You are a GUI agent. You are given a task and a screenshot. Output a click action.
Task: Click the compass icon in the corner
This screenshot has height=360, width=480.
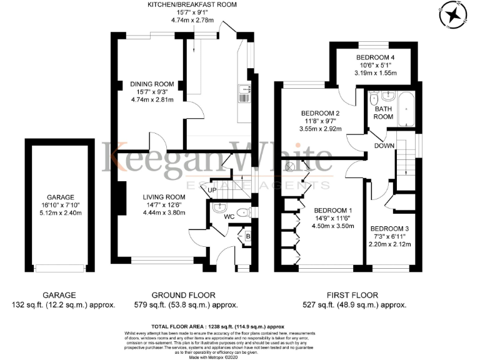pyautogui.click(x=454, y=16)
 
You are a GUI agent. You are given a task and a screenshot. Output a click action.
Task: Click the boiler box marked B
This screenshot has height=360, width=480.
pyautogui.click(x=248, y=237)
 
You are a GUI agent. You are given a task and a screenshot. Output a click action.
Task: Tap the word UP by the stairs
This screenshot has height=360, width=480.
pyautogui.click(x=212, y=190)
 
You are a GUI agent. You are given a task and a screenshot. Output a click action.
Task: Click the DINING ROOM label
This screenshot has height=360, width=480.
pyautogui.click(x=151, y=84)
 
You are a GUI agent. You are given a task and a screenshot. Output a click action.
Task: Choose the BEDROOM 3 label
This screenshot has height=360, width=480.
pyautogui.click(x=392, y=228)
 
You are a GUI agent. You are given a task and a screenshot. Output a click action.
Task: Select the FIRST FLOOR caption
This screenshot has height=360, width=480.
pyautogui.click(x=353, y=295)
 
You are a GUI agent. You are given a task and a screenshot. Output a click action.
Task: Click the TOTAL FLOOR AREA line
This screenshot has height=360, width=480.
pyautogui.click(x=218, y=327)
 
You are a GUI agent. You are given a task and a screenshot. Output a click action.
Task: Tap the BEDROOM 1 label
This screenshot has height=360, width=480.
pyautogui.click(x=333, y=210)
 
